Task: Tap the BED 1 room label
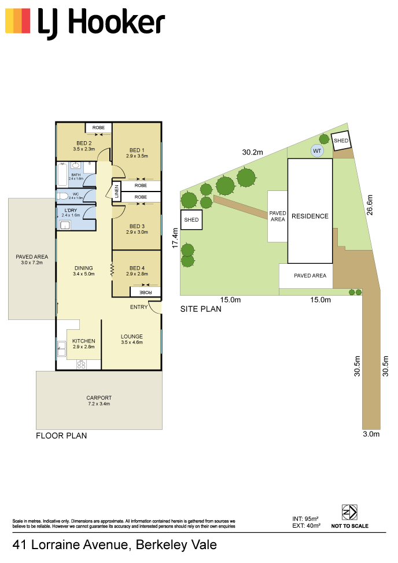click(x=137, y=150)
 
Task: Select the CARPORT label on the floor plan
click(x=99, y=398)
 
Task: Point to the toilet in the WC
click(x=62, y=196)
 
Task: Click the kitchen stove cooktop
click(x=82, y=365)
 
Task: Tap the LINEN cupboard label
click(x=116, y=192)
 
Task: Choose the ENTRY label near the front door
click(x=139, y=307)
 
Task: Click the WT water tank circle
click(x=317, y=151)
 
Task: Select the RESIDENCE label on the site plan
click(x=310, y=216)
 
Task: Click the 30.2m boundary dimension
click(x=252, y=152)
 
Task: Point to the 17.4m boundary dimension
click(x=175, y=238)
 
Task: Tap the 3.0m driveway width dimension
click(x=371, y=434)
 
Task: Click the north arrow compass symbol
click(x=349, y=513)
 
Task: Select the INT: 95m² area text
click(x=305, y=519)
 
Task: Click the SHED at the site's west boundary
click(x=191, y=220)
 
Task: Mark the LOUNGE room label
click(x=132, y=336)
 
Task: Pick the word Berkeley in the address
click(x=161, y=544)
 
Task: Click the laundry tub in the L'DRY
click(x=65, y=225)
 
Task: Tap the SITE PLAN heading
click(x=201, y=309)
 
